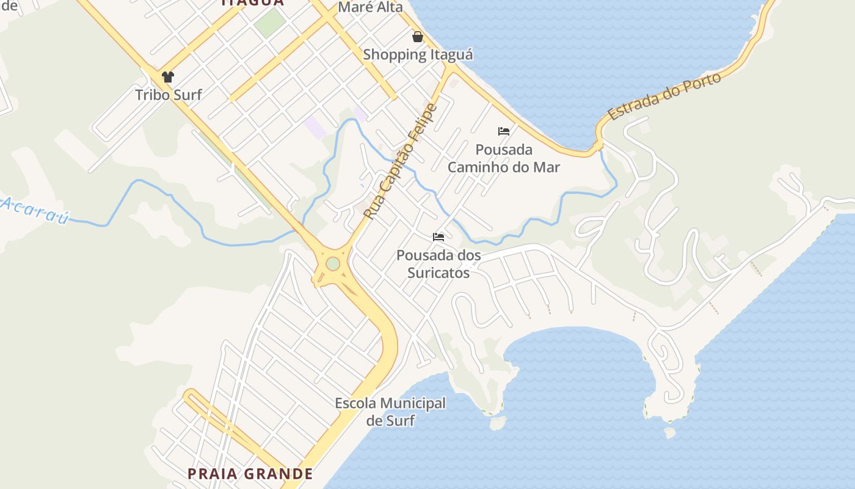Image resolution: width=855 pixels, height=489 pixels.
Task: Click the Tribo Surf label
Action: point(168,95)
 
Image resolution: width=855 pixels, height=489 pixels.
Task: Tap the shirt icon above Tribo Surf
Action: point(168,77)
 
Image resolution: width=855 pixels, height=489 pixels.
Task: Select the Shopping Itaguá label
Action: point(418,54)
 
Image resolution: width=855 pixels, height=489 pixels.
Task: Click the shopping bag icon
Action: point(418,37)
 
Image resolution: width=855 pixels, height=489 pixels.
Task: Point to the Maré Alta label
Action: point(370,7)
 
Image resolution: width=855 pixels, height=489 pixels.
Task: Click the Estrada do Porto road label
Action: point(664,96)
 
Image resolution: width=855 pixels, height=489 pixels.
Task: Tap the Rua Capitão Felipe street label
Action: point(401,161)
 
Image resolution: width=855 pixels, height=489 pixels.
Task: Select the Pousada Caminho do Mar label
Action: point(504,158)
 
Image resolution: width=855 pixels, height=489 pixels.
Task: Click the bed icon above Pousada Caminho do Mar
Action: point(504,131)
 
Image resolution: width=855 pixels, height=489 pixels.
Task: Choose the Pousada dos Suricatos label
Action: point(438,264)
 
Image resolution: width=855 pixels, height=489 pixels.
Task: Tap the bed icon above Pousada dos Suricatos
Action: point(438,237)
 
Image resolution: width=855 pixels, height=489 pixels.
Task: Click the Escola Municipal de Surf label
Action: point(390,411)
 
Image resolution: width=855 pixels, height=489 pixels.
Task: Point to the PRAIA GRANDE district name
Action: point(250,474)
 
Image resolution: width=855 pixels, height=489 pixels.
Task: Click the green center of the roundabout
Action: point(333,263)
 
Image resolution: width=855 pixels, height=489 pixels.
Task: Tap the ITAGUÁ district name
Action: point(253,2)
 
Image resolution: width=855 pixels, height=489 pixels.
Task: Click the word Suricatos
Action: point(438,273)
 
